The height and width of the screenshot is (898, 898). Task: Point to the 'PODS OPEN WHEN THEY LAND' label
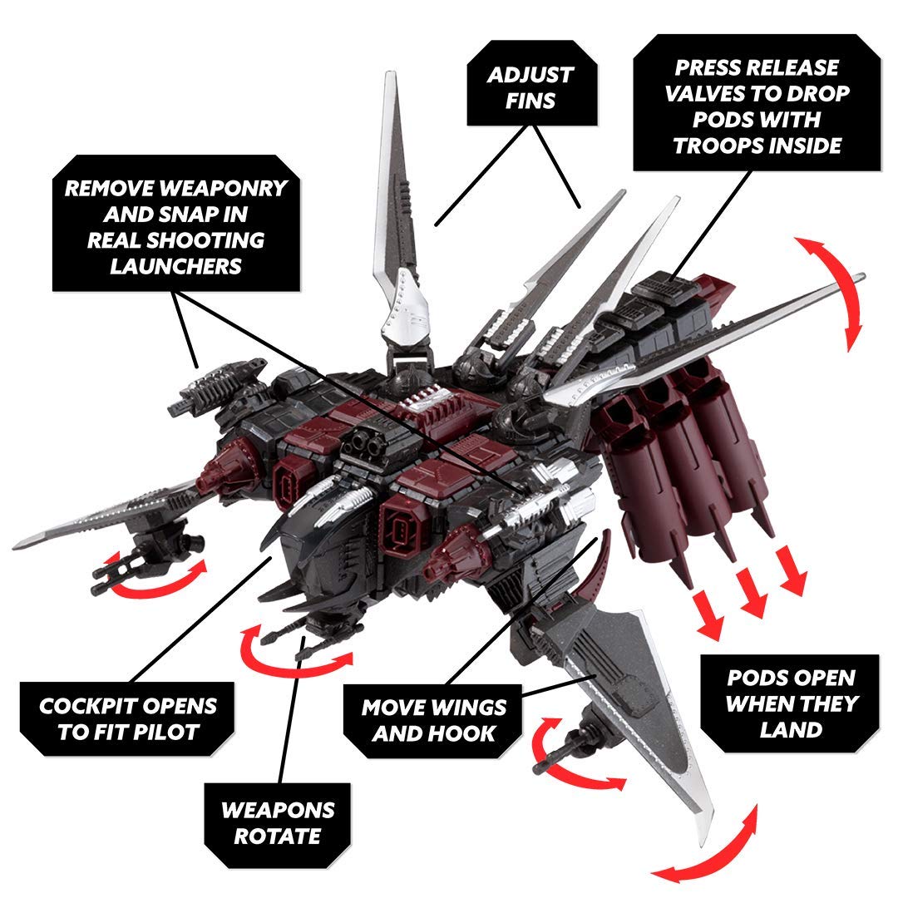click(x=790, y=704)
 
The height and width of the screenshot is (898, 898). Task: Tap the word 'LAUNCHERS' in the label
click(x=176, y=266)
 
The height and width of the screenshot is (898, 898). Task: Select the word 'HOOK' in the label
click(x=469, y=733)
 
